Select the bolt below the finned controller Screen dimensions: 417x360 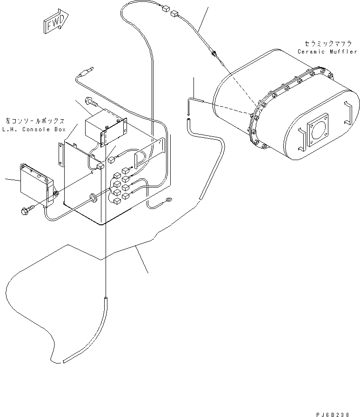coord(26,210)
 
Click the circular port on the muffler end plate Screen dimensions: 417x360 coord(318,132)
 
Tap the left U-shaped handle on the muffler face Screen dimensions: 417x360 coord(300,139)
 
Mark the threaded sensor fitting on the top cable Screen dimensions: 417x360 coord(214,52)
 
